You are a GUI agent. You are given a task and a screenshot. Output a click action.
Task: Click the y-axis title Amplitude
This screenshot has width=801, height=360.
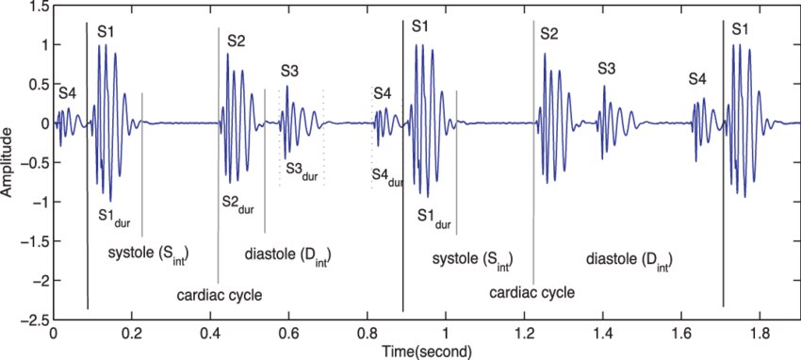pos(7,162)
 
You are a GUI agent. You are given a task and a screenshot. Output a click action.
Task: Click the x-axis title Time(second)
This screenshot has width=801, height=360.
pos(427,352)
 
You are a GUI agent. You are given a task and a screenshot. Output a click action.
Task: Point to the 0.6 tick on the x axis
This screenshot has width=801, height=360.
pos(288,320)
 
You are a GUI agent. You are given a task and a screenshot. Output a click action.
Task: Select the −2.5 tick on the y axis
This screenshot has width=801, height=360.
pos(53,320)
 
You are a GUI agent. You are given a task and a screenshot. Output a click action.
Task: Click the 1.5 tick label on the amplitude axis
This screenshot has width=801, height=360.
pos(40,7)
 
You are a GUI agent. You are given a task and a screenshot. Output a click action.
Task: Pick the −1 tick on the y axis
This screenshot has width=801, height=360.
pos(53,203)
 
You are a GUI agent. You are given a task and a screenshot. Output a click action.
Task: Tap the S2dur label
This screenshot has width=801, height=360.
pos(237,204)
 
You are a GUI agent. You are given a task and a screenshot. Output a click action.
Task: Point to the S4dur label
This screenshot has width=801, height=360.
pos(387,175)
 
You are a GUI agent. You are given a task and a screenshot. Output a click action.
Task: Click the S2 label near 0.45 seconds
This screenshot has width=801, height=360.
pos(236,41)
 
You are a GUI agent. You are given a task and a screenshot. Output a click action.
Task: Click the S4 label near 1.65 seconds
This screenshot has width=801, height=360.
pos(697,79)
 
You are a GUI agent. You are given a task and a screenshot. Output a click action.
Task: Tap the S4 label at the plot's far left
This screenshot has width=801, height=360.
pos(68,94)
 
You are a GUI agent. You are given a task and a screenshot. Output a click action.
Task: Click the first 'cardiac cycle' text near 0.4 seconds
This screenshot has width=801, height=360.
pos(220,296)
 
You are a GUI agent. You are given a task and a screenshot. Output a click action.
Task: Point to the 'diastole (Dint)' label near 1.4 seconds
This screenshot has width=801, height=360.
pos(629,260)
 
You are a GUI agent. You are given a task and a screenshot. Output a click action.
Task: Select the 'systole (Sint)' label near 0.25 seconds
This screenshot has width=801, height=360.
pos(153,254)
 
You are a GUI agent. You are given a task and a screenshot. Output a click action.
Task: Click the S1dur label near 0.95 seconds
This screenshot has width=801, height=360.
pos(434,217)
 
